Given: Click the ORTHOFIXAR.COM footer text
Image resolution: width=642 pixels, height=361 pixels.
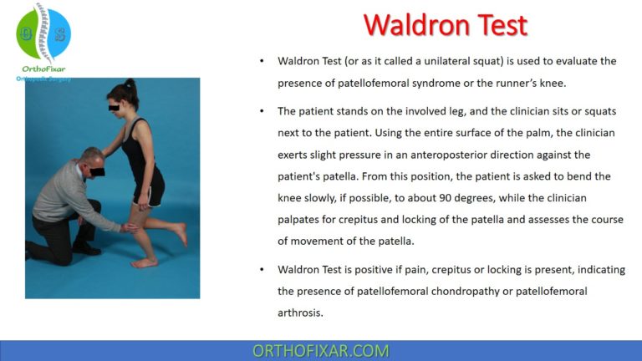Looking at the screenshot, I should pyautogui.click(x=320, y=350).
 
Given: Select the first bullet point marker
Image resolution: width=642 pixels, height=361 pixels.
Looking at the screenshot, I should pyautogui.click(x=262, y=62).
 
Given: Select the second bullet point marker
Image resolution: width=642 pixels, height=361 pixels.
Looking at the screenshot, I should pyautogui.click(x=262, y=111).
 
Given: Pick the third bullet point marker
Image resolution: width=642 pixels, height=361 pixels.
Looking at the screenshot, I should pyautogui.click(x=262, y=269).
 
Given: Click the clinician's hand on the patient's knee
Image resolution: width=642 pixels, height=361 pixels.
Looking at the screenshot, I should pyautogui.click(x=128, y=226).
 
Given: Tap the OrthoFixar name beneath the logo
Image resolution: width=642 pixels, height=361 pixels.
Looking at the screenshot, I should pyautogui.click(x=43, y=69).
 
